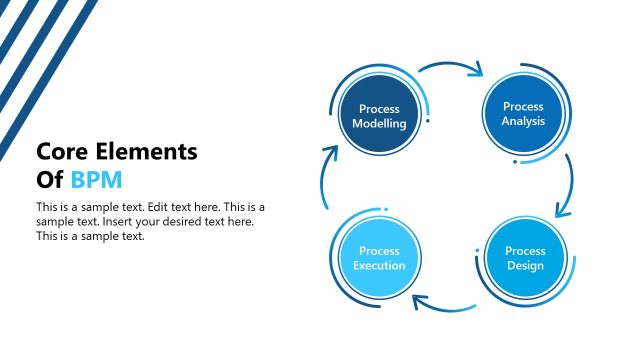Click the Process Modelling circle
(x=379, y=116)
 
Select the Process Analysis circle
(x=523, y=114)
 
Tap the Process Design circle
(x=524, y=258)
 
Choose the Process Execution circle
(x=379, y=258)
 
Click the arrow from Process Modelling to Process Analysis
(x=451, y=68)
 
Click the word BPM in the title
(x=95, y=180)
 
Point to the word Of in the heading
(x=50, y=180)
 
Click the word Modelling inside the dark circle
(x=379, y=124)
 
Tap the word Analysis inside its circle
(x=523, y=121)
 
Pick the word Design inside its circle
(x=525, y=265)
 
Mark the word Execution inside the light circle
(x=379, y=265)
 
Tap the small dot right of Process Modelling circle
(x=428, y=121)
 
